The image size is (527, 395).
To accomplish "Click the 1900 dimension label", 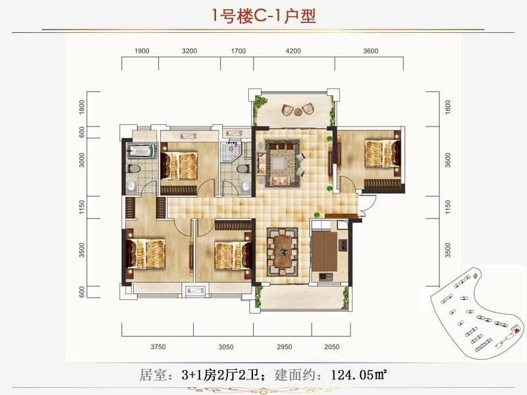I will (x=142, y=51).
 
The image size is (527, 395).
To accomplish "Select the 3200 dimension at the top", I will (x=190, y=51).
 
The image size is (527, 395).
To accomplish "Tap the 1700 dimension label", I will (x=238, y=51).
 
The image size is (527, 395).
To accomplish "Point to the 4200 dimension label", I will (x=293, y=51).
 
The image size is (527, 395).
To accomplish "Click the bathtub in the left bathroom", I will (x=142, y=151).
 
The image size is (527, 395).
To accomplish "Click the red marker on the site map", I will (x=517, y=330).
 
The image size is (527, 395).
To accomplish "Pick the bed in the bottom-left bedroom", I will (x=147, y=253).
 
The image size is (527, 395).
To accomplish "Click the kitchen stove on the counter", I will (x=343, y=247).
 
